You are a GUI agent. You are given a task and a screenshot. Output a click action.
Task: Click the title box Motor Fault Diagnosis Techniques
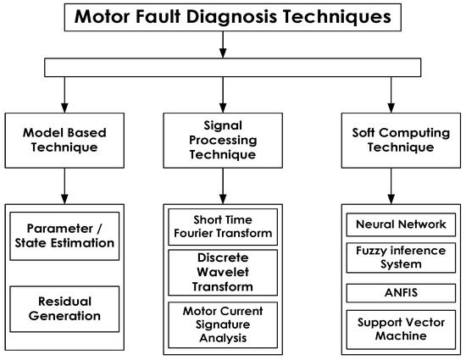(233, 18)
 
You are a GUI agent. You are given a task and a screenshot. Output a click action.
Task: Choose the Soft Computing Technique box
(391, 139)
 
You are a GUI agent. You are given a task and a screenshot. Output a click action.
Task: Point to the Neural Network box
(391, 225)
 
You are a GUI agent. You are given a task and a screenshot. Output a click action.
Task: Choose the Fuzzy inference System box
(391, 258)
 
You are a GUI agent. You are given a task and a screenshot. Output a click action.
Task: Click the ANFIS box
(391, 292)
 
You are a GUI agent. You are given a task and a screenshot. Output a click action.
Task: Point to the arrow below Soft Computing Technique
(391, 184)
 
